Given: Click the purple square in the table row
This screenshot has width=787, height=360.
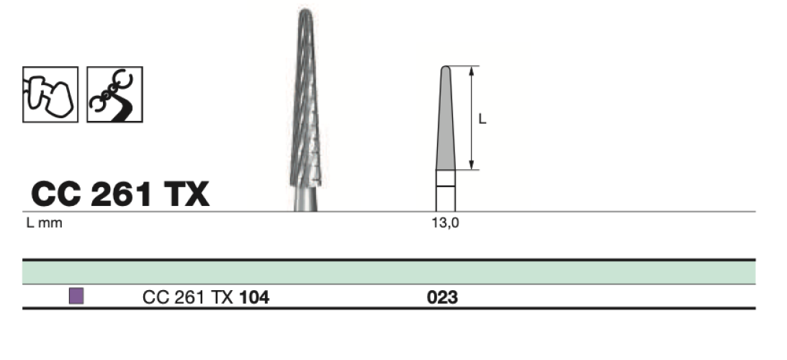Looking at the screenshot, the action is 76,296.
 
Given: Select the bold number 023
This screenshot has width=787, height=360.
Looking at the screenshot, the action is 442,298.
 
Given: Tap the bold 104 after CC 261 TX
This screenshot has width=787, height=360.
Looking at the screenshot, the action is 254,298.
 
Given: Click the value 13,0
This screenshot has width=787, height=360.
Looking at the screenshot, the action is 445,223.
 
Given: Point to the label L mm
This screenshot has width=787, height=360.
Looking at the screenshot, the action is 44,223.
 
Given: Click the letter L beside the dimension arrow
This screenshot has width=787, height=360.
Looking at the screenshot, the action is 482,119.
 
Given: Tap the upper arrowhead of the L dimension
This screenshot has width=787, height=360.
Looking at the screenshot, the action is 472,71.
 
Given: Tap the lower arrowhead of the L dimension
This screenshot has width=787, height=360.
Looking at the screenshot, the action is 472,165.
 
